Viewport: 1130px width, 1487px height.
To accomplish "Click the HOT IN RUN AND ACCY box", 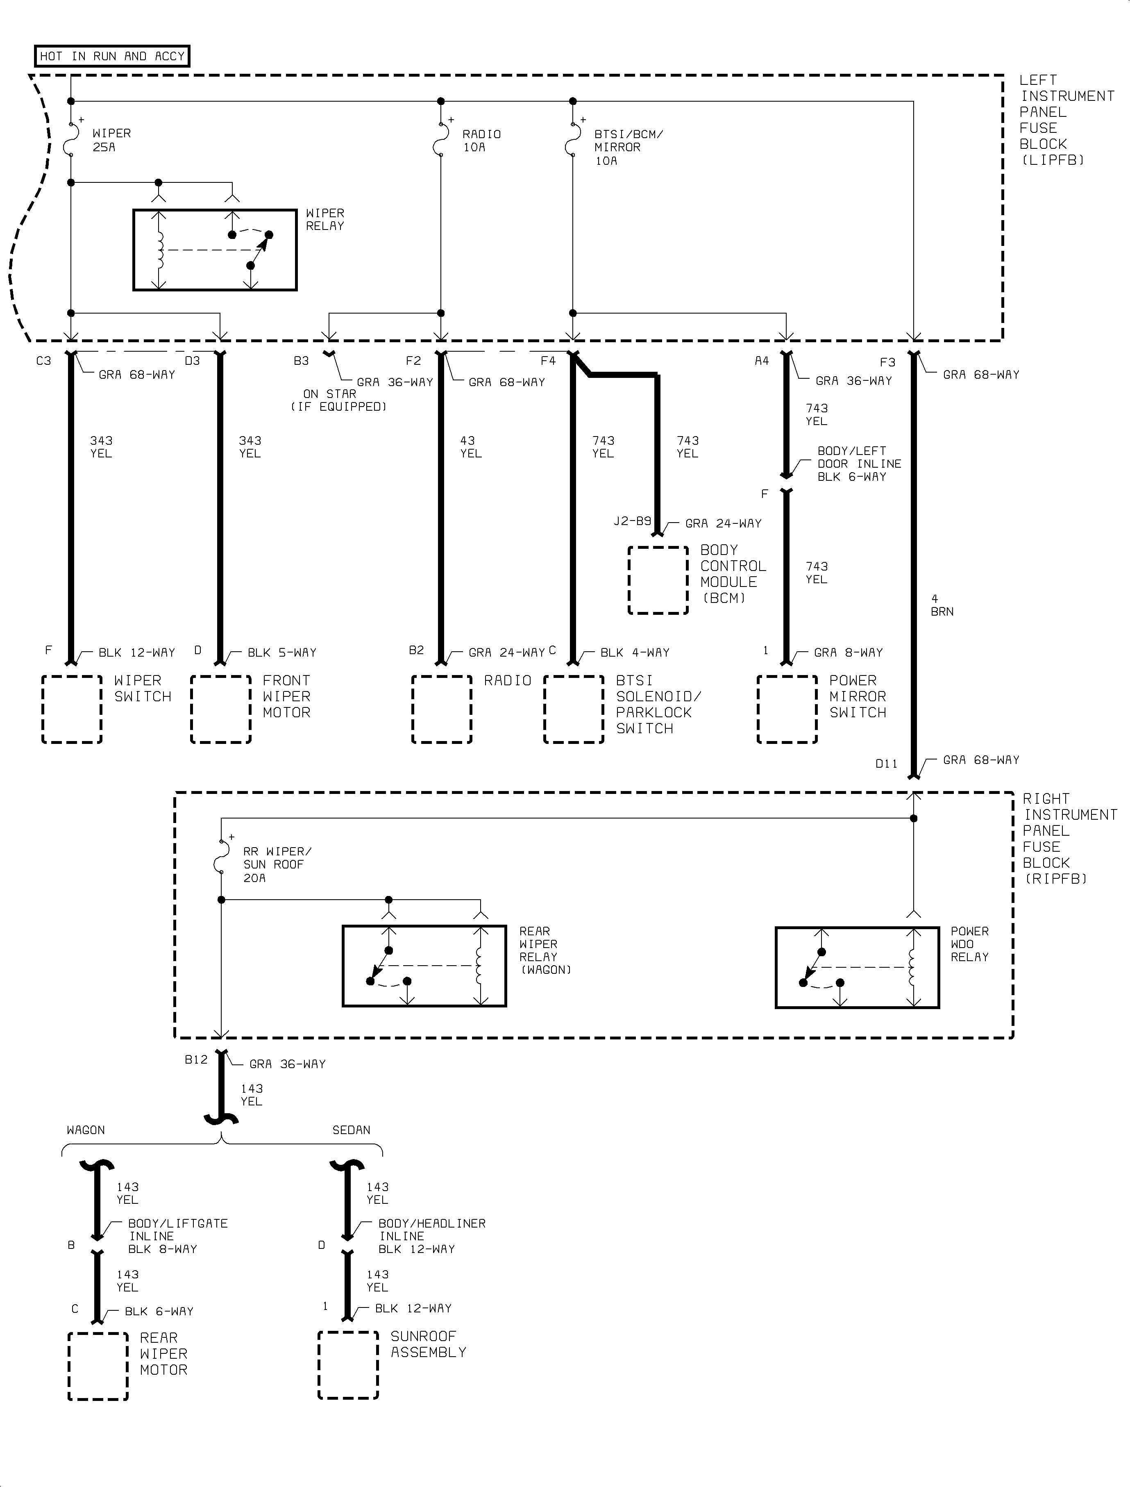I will coord(112,57).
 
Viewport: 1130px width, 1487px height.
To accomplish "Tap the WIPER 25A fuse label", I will coord(111,140).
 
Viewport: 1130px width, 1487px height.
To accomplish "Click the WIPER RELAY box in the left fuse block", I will coord(215,250).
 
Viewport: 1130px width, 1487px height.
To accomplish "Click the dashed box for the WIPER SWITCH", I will coord(72,709).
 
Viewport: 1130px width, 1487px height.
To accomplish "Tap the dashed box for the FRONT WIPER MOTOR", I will coord(220,709).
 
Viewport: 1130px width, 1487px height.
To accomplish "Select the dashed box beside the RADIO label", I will coord(441,709).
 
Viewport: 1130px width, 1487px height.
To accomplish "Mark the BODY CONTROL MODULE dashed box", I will coord(658,580).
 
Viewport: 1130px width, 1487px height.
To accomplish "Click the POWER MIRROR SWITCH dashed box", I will coord(787,709).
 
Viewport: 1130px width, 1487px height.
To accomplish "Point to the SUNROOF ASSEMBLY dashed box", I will coord(348,1365).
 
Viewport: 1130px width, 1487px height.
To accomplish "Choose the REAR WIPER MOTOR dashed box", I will coord(98,1366).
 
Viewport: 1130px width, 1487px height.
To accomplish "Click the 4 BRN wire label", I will coord(942,605).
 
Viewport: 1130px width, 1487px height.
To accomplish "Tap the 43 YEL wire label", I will coord(470,447).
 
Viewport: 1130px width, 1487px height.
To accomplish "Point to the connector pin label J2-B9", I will coord(632,521).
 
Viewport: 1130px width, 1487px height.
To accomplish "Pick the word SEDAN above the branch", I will coord(351,1130).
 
